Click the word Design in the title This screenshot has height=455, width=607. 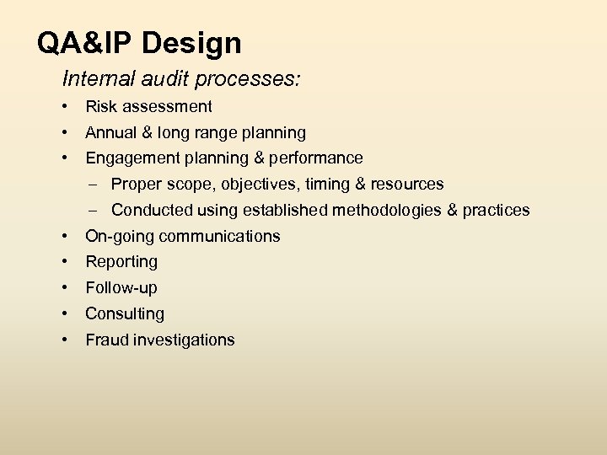[x=196, y=43]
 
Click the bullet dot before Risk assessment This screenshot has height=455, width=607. [x=64, y=107]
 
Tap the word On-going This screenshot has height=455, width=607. [x=117, y=237]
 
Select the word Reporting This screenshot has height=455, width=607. [x=121, y=263]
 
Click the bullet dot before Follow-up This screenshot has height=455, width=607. [x=64, y=288]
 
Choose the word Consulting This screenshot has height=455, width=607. [x=125, y=314]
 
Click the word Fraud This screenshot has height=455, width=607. [x=105, y=340]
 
